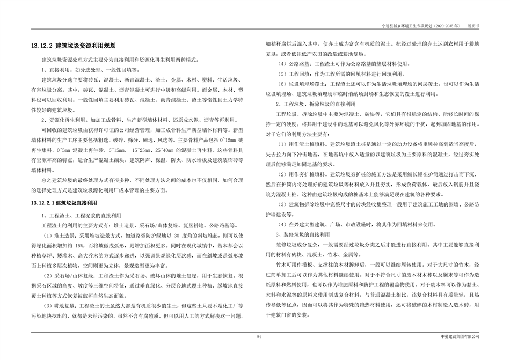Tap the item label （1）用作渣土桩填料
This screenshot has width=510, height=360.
[303, 144]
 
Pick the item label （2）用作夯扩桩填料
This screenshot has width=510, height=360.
[303, 174]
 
